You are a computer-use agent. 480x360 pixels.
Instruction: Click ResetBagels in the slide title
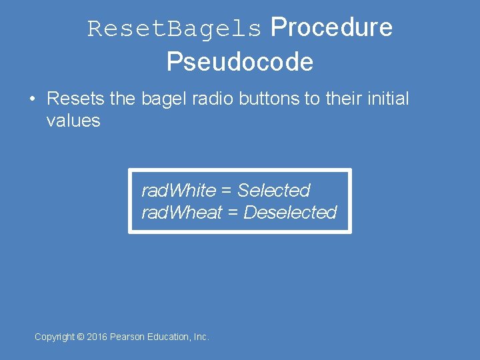(x=175, y=29)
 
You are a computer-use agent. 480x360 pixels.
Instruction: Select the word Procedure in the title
(x=331, y=28)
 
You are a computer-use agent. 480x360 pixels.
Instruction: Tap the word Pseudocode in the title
(x=240, y=62)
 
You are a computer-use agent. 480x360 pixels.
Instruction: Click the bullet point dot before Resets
(x=32, y=99)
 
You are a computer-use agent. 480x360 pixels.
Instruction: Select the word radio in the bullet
(x=210, y=99)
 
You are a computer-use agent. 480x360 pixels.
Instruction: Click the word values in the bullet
(x=73, y=121)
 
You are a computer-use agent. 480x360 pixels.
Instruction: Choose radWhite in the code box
(x=179, y=191)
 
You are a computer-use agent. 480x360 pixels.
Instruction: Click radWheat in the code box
(x=181, y=213)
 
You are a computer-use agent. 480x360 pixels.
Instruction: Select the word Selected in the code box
(x=274, y=191)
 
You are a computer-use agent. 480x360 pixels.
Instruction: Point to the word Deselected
(x=291, y=213)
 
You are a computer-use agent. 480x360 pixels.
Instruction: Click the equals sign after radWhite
(x=227, y=191)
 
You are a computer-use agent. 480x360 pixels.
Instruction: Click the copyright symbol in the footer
(x=81, y=337)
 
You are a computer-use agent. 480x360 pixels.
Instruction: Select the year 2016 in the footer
(x=97, y=337)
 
